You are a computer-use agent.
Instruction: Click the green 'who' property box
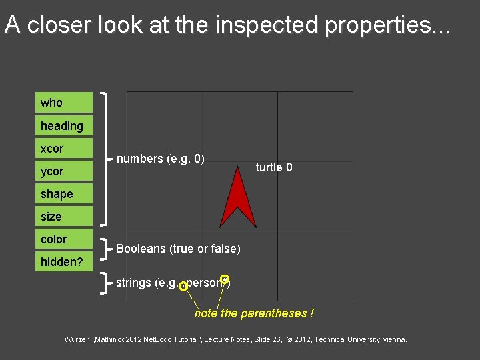click(x=64, y=103)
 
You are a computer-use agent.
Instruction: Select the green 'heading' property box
click(x=64, y=125)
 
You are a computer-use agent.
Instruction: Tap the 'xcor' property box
click(x=64, y=148)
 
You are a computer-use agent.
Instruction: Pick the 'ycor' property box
click(x=64, y=171)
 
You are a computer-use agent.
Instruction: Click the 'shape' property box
click(x=64, y=194)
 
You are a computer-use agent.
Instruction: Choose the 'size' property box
click(x=64, y=217)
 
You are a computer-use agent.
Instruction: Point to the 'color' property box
click(x=64, y=239)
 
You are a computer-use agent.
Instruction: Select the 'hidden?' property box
click(x=64, y=261)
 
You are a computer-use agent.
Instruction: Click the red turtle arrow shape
click(x=238, y=200)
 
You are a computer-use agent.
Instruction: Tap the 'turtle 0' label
click(x=274, y=167)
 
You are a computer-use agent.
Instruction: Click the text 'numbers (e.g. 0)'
click(x=160, y=159)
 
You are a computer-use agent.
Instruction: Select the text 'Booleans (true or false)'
click(x=178, y=249)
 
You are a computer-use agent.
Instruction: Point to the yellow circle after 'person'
click(x=225, y=279)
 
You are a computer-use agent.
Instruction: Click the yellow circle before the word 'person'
click(x=183, y=287)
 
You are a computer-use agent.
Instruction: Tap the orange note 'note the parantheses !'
click(x=254, y=313)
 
